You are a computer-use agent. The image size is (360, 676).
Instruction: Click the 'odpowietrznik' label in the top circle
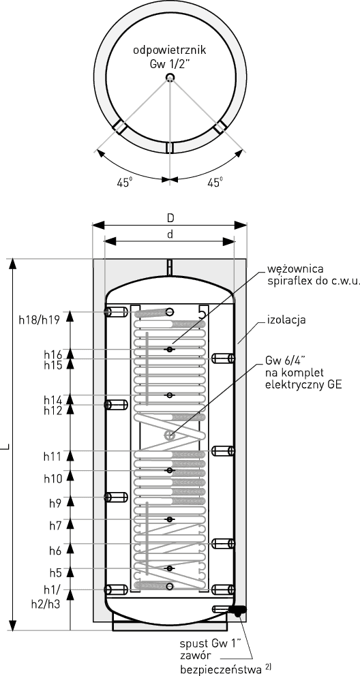170,50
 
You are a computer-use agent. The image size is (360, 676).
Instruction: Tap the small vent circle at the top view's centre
170,78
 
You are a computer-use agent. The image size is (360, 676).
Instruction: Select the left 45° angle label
124,183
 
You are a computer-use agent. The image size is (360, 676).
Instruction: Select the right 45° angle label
215,183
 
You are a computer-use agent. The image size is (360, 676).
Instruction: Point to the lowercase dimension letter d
170,234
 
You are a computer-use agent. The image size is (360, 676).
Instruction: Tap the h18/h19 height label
39,320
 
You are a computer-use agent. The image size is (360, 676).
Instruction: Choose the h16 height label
53,354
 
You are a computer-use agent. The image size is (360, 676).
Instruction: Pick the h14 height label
53,401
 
